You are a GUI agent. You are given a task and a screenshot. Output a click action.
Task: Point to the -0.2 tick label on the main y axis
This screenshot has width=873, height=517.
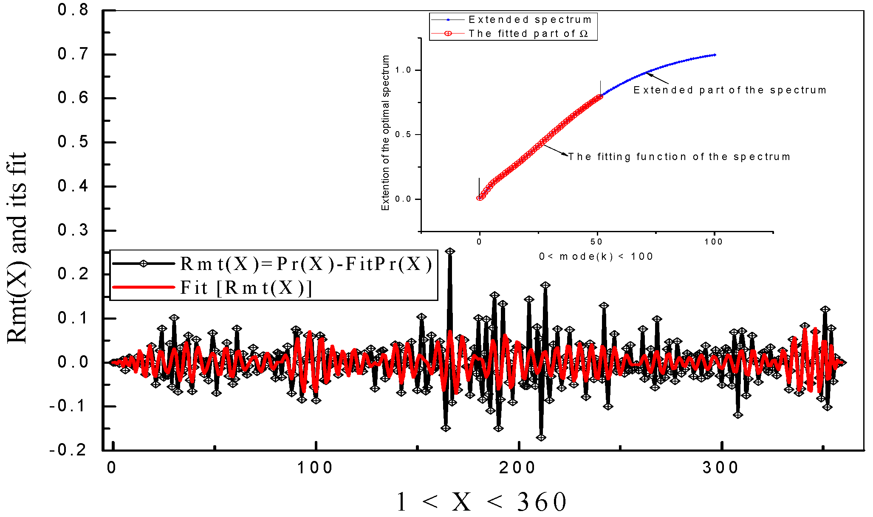68,450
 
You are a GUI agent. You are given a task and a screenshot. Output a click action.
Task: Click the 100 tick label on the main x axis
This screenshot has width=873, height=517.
315,468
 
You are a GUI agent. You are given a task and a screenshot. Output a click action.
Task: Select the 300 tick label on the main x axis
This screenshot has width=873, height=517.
720,468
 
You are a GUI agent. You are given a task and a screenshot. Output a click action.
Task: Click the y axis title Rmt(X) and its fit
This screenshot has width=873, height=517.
17,248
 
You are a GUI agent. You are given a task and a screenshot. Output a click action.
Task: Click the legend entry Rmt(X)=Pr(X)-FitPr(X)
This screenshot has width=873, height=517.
306,264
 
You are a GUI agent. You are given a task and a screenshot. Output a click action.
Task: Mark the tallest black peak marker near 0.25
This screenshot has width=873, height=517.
450,251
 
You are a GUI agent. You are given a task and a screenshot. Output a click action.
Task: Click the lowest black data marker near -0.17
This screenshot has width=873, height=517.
541,437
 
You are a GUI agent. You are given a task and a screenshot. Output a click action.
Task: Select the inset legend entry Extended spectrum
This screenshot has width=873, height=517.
530,20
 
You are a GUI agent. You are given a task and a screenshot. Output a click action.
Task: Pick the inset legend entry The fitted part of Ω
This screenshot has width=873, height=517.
528,34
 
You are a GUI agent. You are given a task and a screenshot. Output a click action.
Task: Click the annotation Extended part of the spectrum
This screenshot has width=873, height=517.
729,90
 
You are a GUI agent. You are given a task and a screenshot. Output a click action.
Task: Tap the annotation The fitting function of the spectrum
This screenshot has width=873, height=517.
679,157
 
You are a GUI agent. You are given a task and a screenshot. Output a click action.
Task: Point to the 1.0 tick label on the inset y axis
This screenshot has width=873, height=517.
403,70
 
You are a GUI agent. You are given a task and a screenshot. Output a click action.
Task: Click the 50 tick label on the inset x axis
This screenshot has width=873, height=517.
596,242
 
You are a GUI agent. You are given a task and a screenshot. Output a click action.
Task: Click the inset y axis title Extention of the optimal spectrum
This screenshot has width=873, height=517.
385,132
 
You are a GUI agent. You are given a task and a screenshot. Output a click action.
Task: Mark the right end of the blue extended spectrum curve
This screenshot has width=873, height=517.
715,55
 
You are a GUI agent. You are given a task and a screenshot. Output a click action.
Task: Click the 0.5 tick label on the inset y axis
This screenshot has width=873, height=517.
403,135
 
